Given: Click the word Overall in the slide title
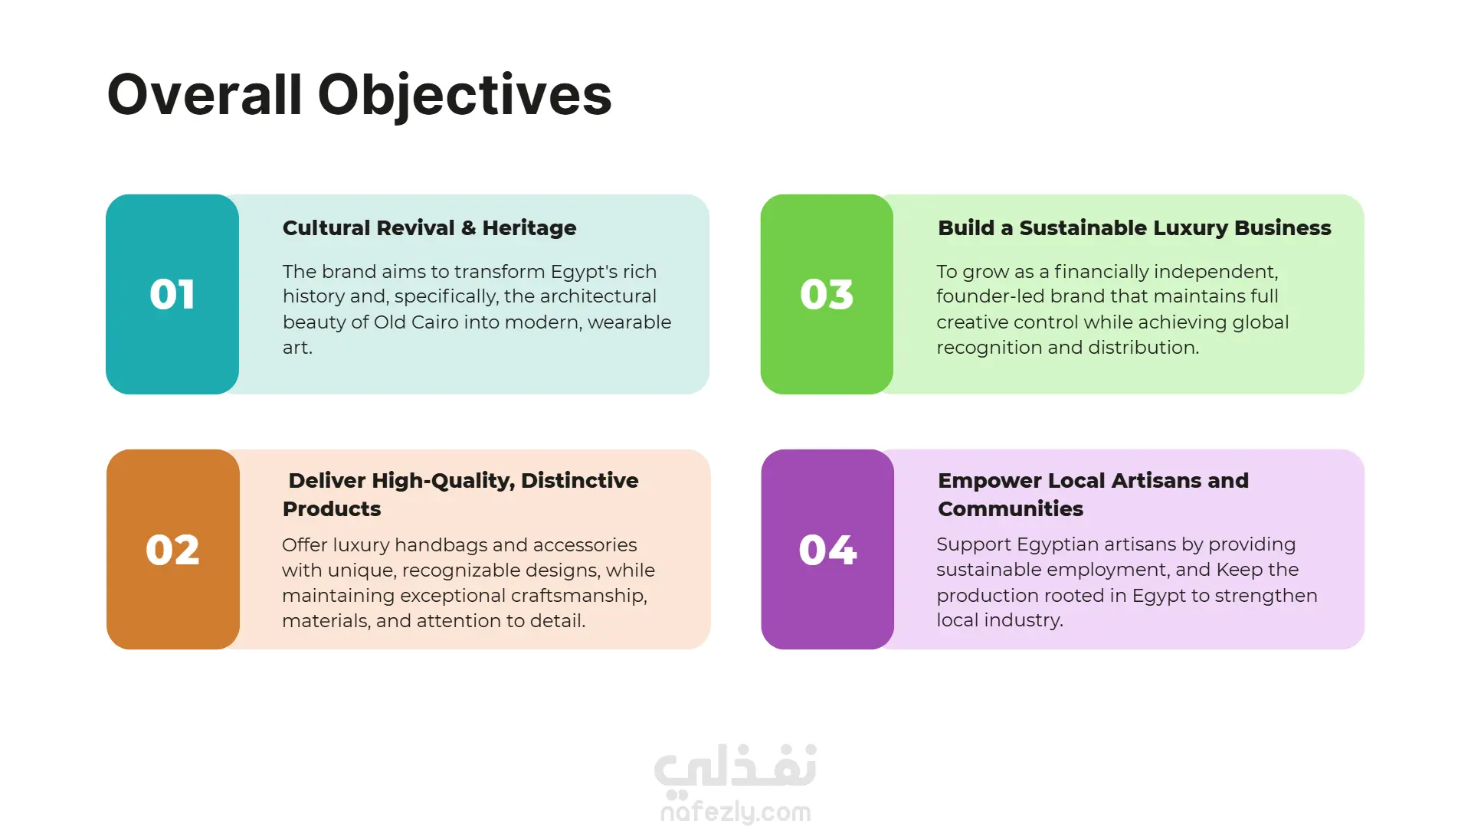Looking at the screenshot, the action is click(x=205, y=95).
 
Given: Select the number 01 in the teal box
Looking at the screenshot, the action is click(x=172, y=295).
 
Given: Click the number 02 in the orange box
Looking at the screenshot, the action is click(x=172, y=550).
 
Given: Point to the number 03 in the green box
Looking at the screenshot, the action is click(x=827, y=295).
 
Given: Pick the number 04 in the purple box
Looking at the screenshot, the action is click(x=827, y=550).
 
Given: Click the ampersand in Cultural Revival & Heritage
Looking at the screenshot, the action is click(x=468, y=228).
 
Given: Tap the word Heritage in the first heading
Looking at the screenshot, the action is click(x=529, y=229).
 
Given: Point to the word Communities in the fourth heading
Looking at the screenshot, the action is click(x=1011, y=509).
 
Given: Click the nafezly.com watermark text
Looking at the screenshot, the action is click(x=735, y=812).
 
